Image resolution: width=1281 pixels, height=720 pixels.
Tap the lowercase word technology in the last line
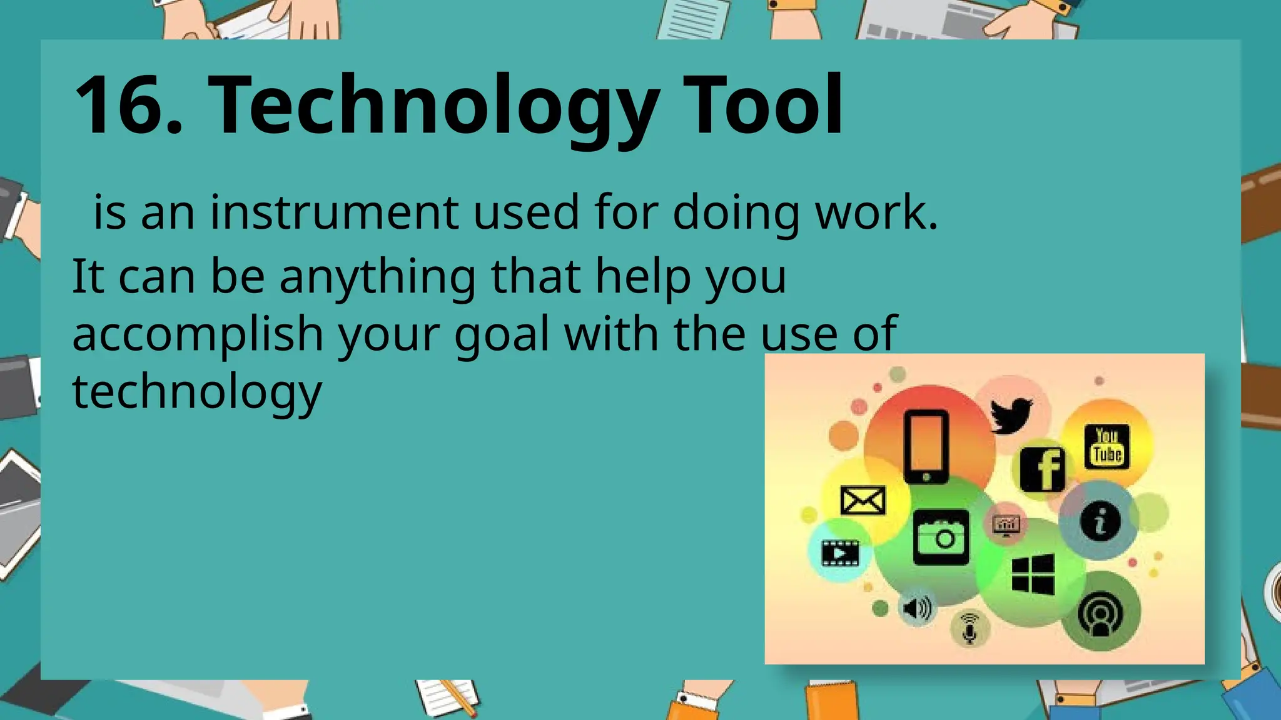pyautogui.click(x=197, y=392)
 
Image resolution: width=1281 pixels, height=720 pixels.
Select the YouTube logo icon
pyautogui.click(x=1106, y=446)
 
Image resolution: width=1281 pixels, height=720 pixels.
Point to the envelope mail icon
pyautogui.click(x=863, y=500)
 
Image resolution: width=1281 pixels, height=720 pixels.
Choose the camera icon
pyautogui.click(x=941, y=537)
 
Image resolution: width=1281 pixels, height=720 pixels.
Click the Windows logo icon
pyautogui.click(x=1033, y=574)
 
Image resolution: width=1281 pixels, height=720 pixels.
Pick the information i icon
pyautogui.click(x=1100, y=521)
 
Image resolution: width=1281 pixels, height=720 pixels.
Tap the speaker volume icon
pyautogui.click(x=917, y=607)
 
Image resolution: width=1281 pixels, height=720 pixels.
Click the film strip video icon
pyautogui.click(x=840, y=552)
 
